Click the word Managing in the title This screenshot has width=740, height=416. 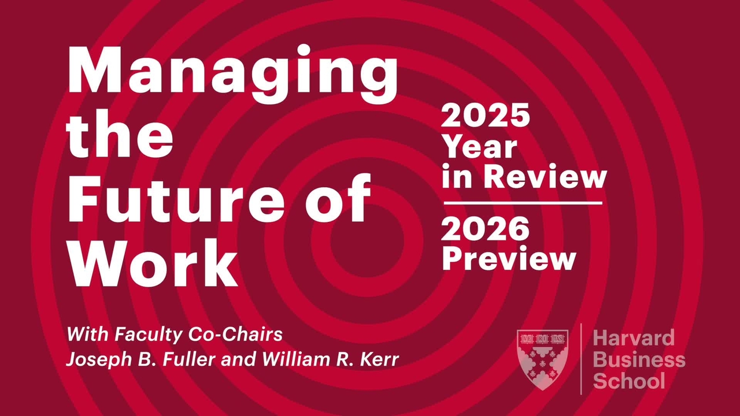tap(232, 75)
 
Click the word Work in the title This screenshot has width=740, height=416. tap(153, 262)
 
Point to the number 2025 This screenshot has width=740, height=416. tap(485, 115)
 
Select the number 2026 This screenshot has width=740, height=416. tap(485, 229)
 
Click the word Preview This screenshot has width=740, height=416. tap(509, 260)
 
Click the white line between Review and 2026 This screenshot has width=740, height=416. tap(523, 203)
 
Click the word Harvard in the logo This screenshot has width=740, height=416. tap(634, 337)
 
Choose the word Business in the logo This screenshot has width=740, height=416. tap(639, 359)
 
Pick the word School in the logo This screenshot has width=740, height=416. tap(629, 381)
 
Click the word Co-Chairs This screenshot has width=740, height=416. tap(235, 334)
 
